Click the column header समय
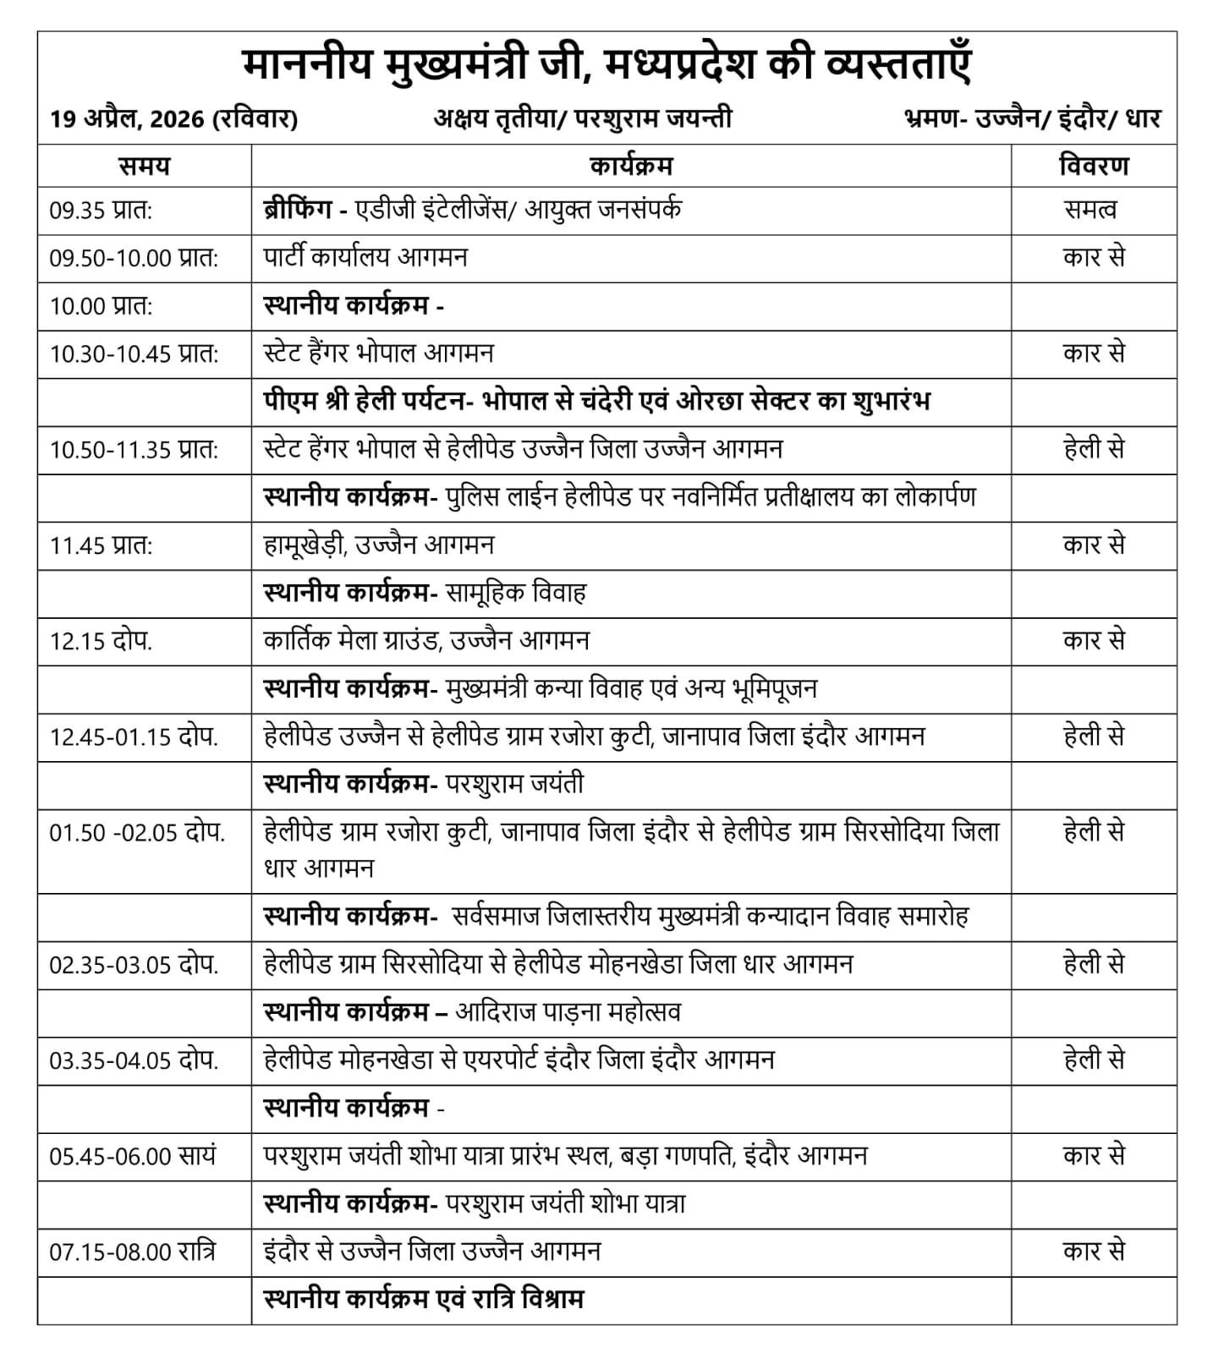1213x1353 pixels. pos(144,166)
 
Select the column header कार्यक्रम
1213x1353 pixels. pos(630,166)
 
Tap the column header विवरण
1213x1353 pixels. pos(1094,166)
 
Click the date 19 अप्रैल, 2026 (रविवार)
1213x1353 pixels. pos(173,119)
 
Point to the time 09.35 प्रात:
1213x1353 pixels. pos(101,211)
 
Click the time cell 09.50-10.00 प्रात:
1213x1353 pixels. pos(134,259)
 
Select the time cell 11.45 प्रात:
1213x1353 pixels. pos(101,546)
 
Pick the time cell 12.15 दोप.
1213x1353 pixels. pos(101,642)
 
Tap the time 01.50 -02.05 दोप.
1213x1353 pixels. pos(137,833)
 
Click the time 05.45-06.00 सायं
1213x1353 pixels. pos(133,1156)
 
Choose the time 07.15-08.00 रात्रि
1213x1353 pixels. pos(133,1252)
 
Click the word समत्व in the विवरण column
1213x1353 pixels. pos(1091,211)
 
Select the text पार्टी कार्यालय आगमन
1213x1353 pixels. pos(365,257)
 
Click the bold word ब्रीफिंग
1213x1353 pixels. pos(297,210)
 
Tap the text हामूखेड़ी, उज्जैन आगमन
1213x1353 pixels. pos(378,545)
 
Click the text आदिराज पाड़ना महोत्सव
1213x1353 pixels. pos(568,1012)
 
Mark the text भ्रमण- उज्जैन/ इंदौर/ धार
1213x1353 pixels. pos(1032,119)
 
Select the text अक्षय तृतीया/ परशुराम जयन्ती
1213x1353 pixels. pos(583,119)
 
